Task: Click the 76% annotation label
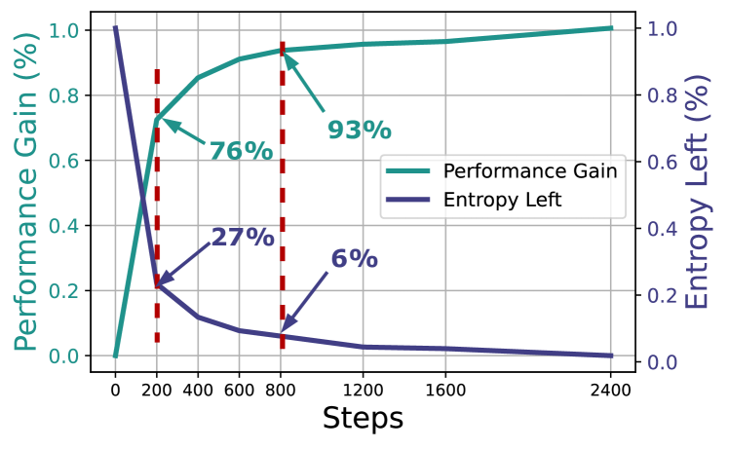[241, 151]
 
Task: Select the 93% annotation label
[359, 129]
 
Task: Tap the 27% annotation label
[243, 237]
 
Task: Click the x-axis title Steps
[362, 419]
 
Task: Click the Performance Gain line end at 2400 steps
[611, 28]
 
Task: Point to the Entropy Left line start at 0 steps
[115, 28]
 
